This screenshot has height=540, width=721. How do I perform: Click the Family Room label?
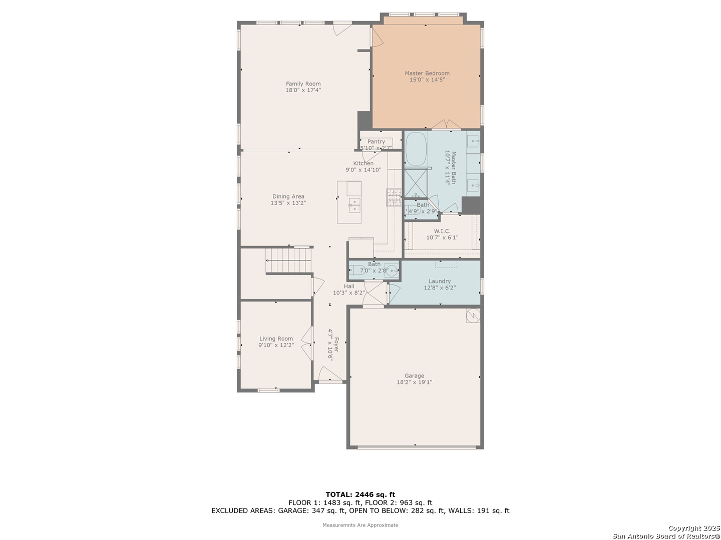(x=303, y=83)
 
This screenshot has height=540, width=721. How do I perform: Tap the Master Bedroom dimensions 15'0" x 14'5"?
(x=427, y=79)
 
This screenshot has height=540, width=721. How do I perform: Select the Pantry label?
(x=376, y=141)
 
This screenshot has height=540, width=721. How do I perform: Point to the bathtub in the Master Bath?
(x=416, y=148)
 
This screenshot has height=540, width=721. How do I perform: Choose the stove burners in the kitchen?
(x=394, y=197)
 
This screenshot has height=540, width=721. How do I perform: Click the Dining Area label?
(x=288, y=196)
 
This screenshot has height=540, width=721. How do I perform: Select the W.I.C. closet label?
(x=442, y=231)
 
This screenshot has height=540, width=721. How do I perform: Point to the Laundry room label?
(x=439, y=281)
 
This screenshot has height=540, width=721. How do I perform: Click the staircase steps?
(x=288, y=260)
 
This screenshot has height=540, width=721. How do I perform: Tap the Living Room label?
(x=276, y=338)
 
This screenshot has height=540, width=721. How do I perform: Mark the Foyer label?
(x=336, y=344)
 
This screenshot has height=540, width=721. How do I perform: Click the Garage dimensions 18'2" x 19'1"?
(x=414, y=382)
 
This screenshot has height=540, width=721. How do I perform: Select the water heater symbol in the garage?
(x=473, y=315)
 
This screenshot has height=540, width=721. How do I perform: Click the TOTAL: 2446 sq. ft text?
(x=360, y=494)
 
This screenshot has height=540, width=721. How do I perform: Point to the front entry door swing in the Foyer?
(x=330, y=374)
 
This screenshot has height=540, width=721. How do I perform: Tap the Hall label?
(x=349, y=286)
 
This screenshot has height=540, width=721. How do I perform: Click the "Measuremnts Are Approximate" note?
(x=360, y=525)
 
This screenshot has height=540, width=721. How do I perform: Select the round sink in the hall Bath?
(x=392, y=271)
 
